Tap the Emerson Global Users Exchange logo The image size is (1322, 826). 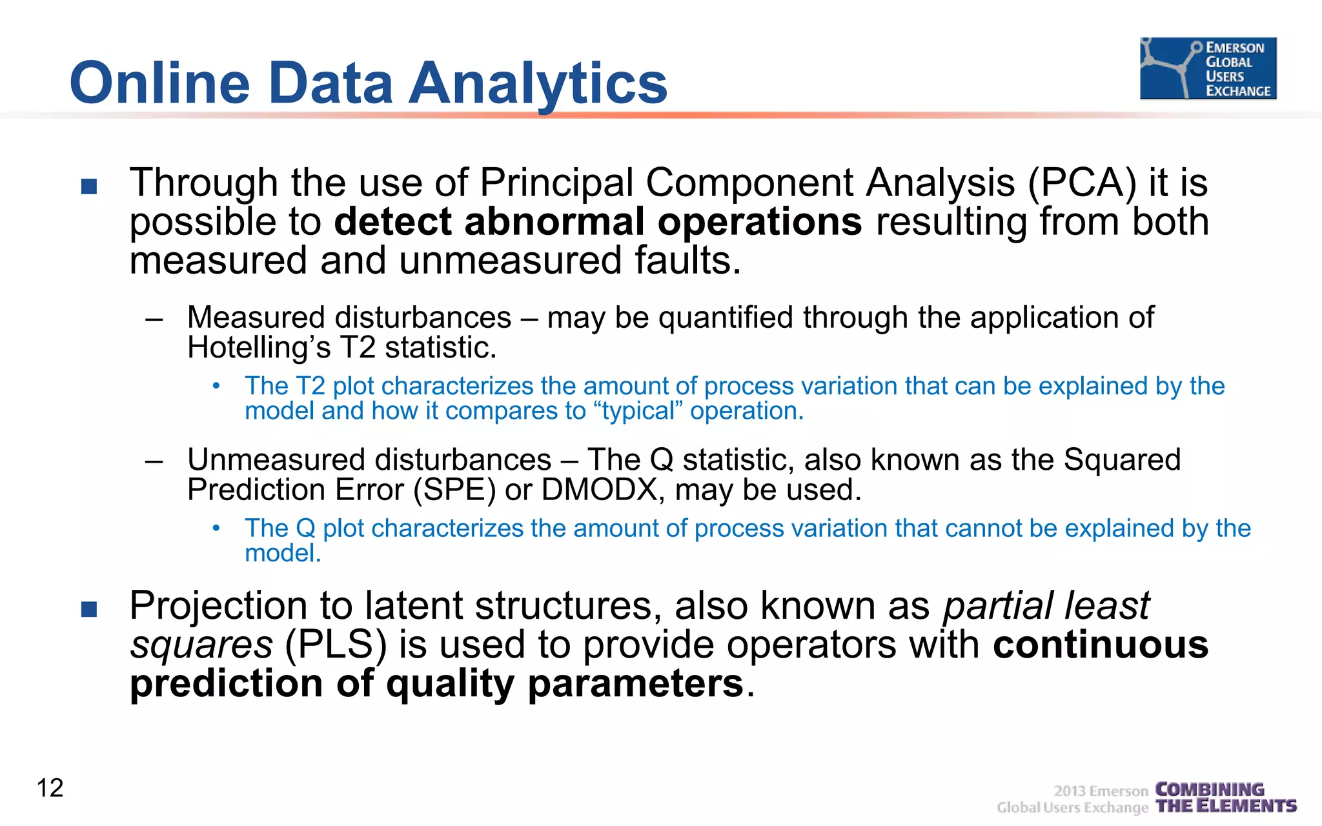coord(1208,68)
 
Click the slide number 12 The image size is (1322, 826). coord(50,788)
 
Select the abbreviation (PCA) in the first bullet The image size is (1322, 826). coord(1082,183)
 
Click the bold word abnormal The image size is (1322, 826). coord(554,221)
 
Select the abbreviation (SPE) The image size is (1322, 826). coord(454,490)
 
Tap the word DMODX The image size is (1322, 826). coord(599,490)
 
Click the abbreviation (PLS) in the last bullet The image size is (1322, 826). coord(336,645)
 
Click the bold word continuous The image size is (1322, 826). coord(1100,645)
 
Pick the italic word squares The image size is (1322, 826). coord(201,645)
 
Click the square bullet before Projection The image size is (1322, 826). coord(89,609)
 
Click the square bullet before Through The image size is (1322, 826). coord(89,186)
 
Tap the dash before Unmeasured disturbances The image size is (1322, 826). coord(154,461)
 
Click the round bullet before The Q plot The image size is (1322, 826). coord(217,529)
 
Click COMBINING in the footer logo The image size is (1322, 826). coord(1209,789)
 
